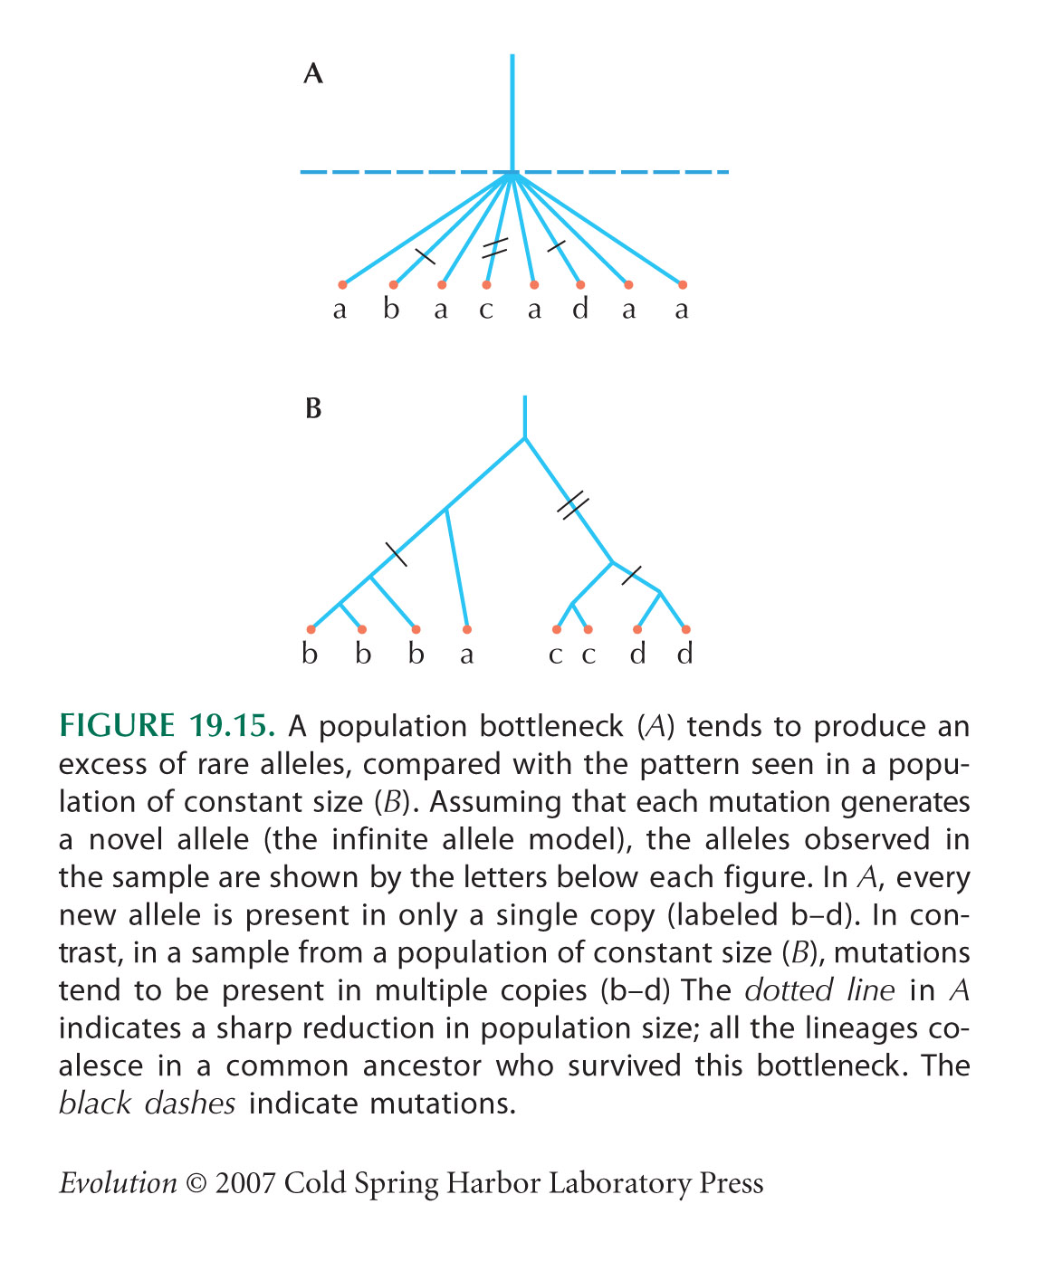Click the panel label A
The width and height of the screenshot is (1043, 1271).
point(313,74)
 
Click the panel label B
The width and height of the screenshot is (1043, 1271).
point(313,408)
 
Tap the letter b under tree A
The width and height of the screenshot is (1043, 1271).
point(391,309)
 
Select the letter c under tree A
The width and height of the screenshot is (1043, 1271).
point(486,311)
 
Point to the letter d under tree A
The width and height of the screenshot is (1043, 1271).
point(580,309)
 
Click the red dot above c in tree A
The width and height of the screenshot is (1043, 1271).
point(486,285)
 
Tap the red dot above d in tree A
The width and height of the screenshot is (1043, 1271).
point(580,285)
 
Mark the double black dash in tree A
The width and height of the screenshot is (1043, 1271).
point(494,248)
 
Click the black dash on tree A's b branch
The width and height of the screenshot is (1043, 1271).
point(425,256)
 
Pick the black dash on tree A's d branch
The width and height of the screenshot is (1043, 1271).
point(556,246)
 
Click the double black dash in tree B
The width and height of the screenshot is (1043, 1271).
point(572,505)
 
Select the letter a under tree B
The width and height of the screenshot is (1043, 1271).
point(466,655)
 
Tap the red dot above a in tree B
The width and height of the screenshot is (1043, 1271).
point(466,630)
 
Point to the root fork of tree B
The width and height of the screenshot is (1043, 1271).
point(525,438)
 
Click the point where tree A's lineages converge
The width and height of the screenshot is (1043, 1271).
point(512,174)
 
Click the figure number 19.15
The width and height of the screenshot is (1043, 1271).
point(232,726)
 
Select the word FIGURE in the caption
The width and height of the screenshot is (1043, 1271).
point(117,726)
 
